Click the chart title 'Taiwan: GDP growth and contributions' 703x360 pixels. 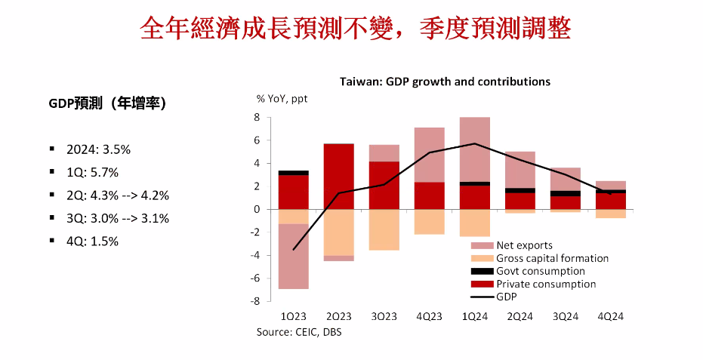click(x=445, y=82)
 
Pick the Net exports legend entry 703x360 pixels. click(x=524, y=245)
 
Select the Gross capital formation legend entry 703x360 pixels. click(x=552, y=258)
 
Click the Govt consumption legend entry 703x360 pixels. click(x=540, y=271)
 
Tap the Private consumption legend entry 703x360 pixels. click(x=546, y=284)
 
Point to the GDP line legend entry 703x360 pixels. click(x=507, y=297)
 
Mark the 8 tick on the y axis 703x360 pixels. click(x=257, y=118)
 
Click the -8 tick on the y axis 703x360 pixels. click(x=255, y=301)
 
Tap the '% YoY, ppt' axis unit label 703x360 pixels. click(x=282, y=98)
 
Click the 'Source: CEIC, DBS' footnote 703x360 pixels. click(x=298, y=332)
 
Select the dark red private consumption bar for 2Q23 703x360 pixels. click(x=338, y=177)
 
